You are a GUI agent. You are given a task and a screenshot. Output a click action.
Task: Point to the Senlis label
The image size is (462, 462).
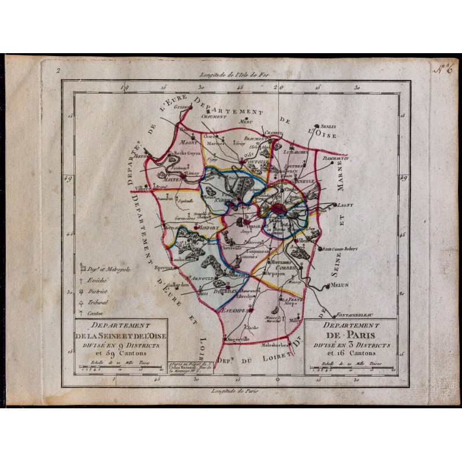[x=328, y=126]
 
